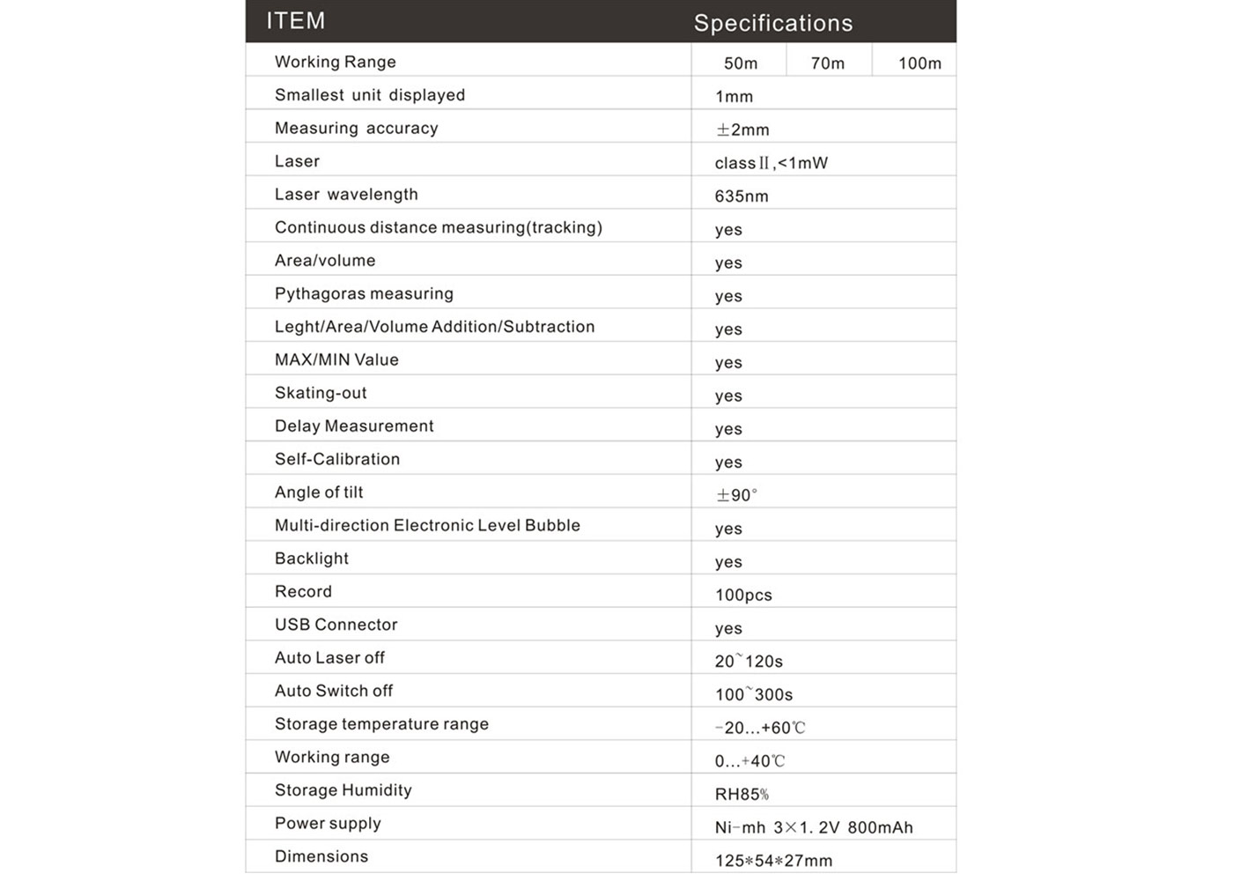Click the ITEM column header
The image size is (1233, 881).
click(x=296, y=21)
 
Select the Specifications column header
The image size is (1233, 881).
click(x=772, y=23)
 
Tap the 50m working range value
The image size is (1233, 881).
click(x=740, y=63)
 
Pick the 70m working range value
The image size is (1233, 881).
click(x=827, y=63)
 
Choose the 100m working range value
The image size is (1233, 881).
click(x=919, y=63)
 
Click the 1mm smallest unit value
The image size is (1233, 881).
click(x=734, y=97)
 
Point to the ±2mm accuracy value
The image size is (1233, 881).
click(x=742, y=130)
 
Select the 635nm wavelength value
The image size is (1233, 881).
click(x=741, y=196)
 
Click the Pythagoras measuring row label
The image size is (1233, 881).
click(x=364, y=293)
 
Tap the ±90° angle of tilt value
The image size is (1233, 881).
click(x=736, y=495)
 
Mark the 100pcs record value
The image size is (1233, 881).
click(x=743, y=595)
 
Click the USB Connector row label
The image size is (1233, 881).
click(x=336, y=625)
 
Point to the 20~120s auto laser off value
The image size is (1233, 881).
click(x=749, y=661)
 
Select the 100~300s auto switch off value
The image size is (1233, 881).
click(x=753, y=694)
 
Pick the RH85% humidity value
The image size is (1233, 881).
click(x=742, y=795)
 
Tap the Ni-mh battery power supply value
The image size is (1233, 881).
click(x=813, y=827)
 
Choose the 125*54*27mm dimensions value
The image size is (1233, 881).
click(x=772, y=861)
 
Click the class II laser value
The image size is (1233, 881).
click(x=771, y=163)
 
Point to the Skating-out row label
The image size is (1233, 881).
click(x=321, y=393)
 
